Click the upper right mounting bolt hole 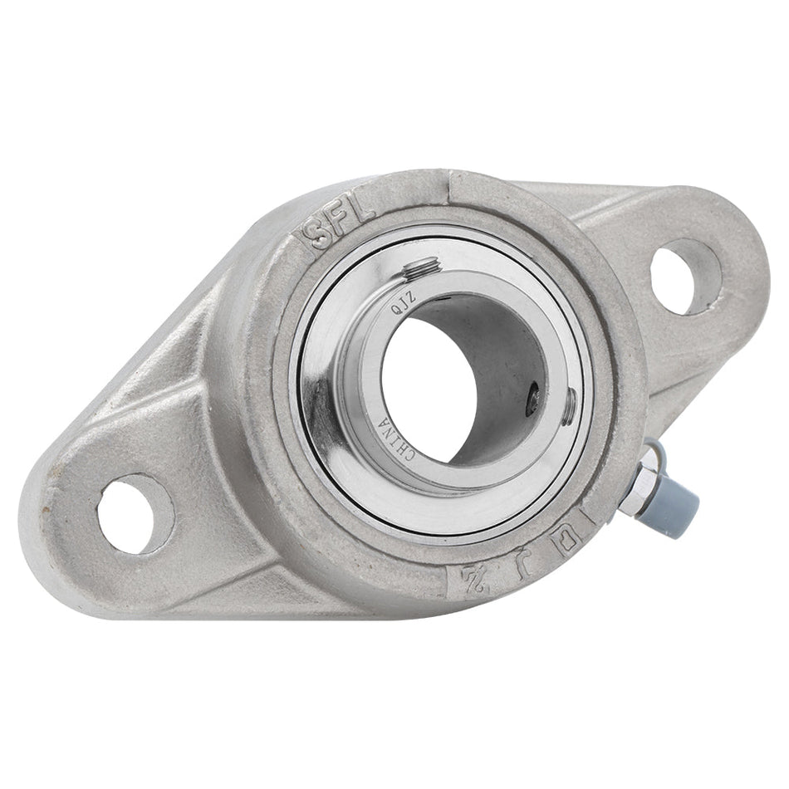tap(680, 277)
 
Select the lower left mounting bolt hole tap(135, 512)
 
